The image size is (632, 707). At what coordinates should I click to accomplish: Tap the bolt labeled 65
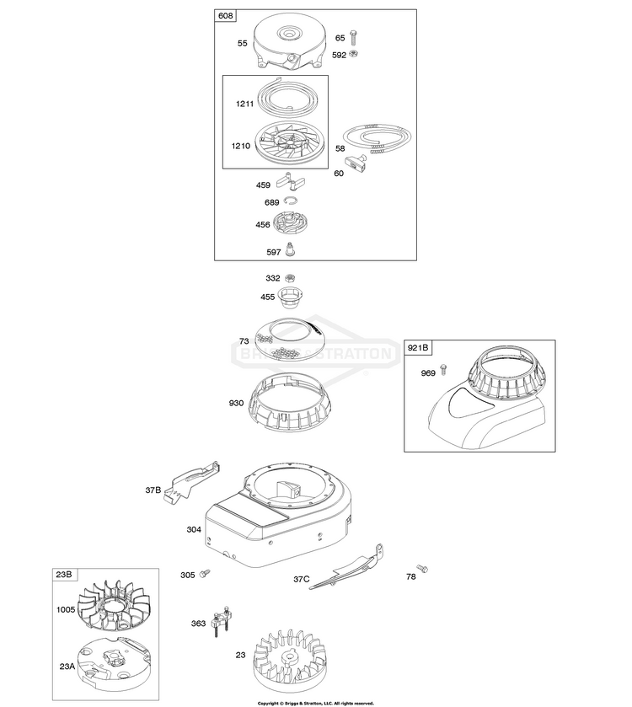(353, 39)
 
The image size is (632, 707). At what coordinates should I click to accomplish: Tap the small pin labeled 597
(291, 249)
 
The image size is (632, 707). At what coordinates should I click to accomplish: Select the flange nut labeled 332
(291, 278)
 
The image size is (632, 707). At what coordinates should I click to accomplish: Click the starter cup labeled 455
(292, 299)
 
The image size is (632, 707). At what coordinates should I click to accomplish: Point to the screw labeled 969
(443, 372)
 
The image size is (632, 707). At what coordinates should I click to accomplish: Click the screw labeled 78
(422, 570)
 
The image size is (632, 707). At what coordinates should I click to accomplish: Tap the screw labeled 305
(205, 575)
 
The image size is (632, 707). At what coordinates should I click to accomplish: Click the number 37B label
(153, 490)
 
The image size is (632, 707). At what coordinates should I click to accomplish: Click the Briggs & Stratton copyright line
(315, 701)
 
